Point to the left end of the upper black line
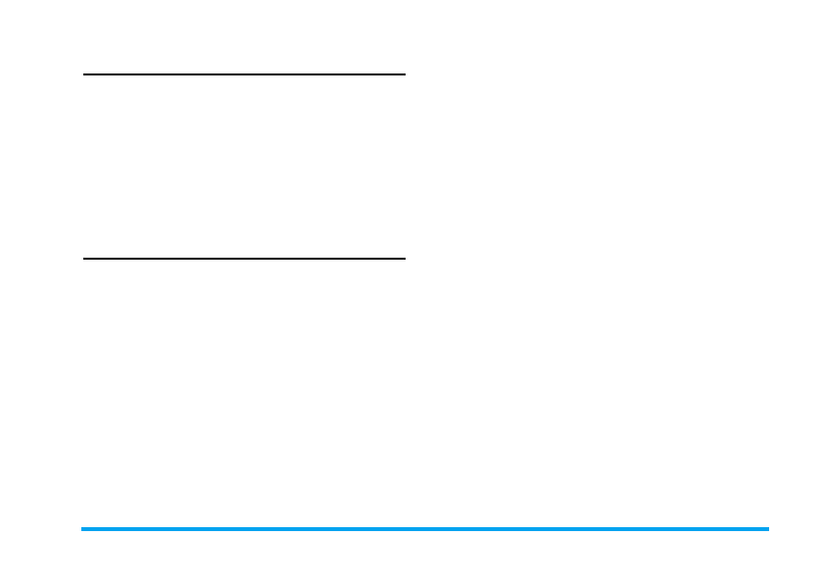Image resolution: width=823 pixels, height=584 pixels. point(84,73)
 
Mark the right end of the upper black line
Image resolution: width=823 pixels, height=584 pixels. point(404,73)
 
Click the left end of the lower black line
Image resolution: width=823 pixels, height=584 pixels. point(84,259)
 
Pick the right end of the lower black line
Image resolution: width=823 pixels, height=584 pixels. point(404,259)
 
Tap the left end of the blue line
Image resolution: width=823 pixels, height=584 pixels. point(82,529)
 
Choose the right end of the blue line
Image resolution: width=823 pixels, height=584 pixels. point(768,529)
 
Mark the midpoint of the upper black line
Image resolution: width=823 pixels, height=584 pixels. point(244,73)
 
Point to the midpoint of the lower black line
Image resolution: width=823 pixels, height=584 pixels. point(244,259)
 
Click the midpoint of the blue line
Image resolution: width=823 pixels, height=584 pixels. point(425,529)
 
